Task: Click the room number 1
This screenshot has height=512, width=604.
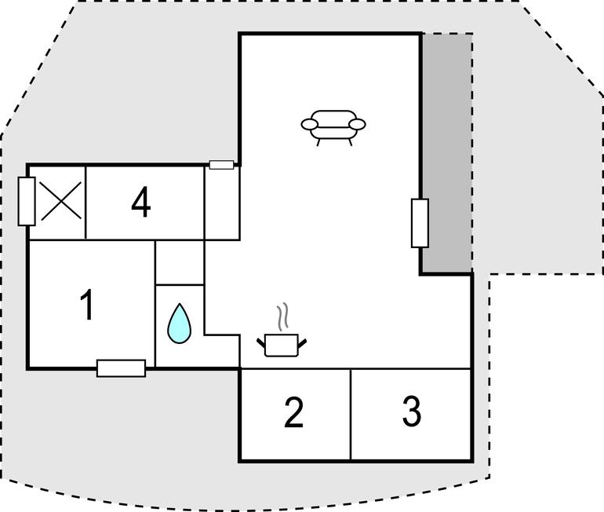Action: (x=87, y=305)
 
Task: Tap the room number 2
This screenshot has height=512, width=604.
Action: (x=294, y=412)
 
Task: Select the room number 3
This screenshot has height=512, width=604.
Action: (x=412, y=411)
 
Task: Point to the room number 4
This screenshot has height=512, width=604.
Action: (x=141, y=202)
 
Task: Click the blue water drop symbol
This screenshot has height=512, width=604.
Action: (x=179, y=324)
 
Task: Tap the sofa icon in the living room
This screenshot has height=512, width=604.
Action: (x=333, y=128)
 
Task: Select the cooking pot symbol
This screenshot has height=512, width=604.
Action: (x=282, y=345)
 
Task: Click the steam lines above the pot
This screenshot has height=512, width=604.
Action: (x=282, y=317)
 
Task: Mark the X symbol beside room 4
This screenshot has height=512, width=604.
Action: (x=61, y=201)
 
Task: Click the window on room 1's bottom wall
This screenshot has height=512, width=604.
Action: (x=121, y=368)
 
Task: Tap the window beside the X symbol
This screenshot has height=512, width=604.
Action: (x=27, y=201)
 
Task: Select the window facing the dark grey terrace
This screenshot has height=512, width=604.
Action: (x=420, y=223)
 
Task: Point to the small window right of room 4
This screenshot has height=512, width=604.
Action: (x=221, y=165)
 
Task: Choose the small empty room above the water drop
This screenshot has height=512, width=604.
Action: (x=180, y=262)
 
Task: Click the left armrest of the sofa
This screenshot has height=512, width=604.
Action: (x=309, y=125)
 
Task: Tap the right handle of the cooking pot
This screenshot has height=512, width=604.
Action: (x=302, y=342)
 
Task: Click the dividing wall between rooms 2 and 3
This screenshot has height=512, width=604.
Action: (x=351, y=415)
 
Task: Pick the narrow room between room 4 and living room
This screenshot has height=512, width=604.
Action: (x=222, y=203)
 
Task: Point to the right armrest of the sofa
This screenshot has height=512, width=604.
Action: (x=357, y=125)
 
